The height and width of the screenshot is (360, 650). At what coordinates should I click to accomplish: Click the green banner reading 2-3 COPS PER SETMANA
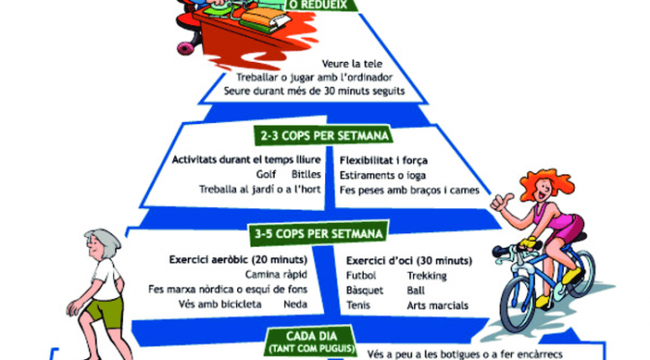tap(323, 135)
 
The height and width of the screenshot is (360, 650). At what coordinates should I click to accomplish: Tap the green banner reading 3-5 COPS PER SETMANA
tap(319, 233)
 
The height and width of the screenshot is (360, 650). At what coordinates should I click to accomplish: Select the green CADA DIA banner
tap(311, 341)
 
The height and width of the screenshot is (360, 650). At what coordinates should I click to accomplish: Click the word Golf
tap(266, 174)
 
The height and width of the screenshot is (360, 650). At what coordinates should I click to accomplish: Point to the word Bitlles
tap(306, 174)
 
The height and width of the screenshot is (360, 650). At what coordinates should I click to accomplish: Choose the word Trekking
tap(427, 276)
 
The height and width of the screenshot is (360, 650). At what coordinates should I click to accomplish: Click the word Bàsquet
tap(365, 290)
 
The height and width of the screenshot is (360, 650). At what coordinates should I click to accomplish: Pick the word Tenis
tap(358, 305)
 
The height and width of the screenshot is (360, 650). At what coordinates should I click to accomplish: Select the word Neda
tap(295, 305)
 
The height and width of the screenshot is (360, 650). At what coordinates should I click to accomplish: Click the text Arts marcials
tap(437, 306)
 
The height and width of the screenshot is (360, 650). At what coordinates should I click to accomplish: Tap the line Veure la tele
tap(352, 64)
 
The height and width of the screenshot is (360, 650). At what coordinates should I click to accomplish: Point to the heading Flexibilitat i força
tap(383, 161)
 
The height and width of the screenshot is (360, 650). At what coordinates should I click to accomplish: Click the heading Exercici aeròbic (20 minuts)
tap(238, 260)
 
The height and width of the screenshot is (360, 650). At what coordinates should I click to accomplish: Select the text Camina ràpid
tap(276, 275)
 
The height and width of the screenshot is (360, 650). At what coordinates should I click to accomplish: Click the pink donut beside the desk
tap(185, 48)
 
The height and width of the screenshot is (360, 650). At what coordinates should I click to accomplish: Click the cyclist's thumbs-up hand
tap(502, 202)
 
